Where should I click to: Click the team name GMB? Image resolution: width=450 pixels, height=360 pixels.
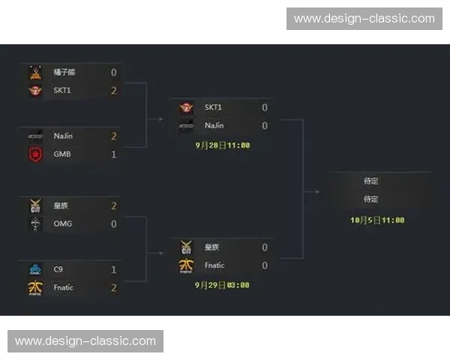click(62, 154)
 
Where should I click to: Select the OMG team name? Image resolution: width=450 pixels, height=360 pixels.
click(63, 223)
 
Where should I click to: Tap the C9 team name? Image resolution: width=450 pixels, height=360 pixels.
click(58, 269)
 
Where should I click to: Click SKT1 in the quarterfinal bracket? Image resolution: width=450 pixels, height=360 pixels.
click(64, 91)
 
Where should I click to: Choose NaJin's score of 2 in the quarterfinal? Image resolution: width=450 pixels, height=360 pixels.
click(114, 136)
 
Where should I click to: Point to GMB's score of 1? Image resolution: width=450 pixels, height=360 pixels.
click(114, 154)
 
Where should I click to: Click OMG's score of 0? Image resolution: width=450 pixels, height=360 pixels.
click(114, 223)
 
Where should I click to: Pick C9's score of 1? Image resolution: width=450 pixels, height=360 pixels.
click(114, 269)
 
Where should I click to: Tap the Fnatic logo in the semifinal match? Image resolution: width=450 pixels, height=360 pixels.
click(187, 265)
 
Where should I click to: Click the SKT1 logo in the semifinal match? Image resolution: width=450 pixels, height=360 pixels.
click(187, 108)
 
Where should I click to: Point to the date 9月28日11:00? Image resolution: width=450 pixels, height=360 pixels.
click(223, 145)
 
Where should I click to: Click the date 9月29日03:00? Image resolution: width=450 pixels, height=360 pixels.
click(223, 285)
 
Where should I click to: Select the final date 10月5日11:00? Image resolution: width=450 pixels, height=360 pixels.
click(377, 220)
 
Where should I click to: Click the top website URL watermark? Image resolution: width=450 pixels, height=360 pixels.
click(364, 19)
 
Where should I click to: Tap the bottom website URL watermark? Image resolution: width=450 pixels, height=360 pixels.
click(85, 341)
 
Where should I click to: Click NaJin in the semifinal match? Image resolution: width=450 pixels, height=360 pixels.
click(214, 126)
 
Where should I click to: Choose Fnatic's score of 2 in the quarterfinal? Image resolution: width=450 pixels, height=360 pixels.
click(114, 287)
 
